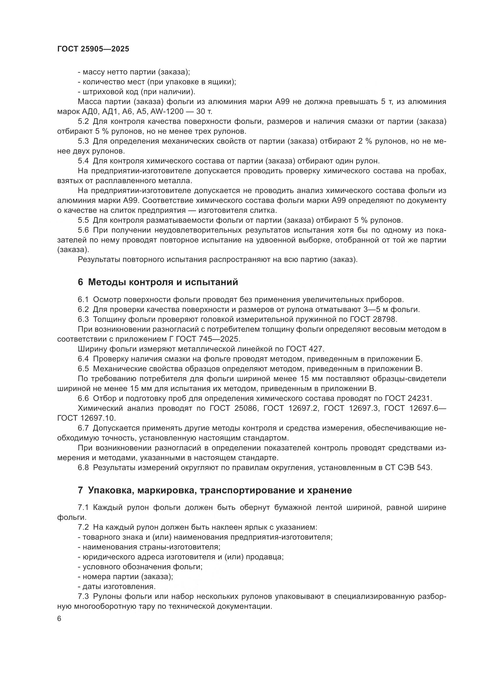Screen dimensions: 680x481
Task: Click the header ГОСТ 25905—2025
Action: coord(93,49)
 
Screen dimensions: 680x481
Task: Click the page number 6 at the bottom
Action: coord(59,619)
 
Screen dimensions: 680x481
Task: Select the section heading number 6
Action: coord(80,282)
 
